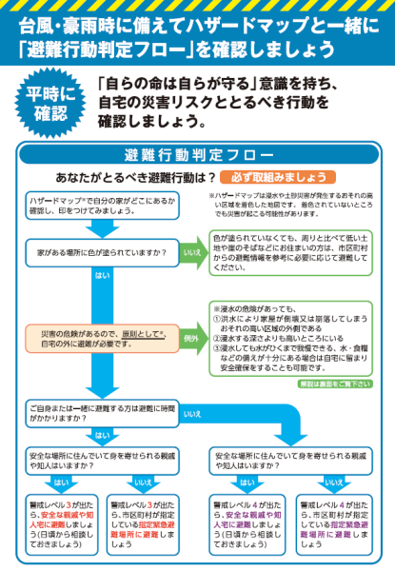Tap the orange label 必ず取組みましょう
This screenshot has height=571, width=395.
tap(275, 177)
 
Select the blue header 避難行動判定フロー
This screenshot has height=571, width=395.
tap(197, 155)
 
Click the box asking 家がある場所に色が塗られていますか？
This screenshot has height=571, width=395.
tap(103, 254)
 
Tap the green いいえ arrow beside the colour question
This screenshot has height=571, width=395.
tap(193, 254)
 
